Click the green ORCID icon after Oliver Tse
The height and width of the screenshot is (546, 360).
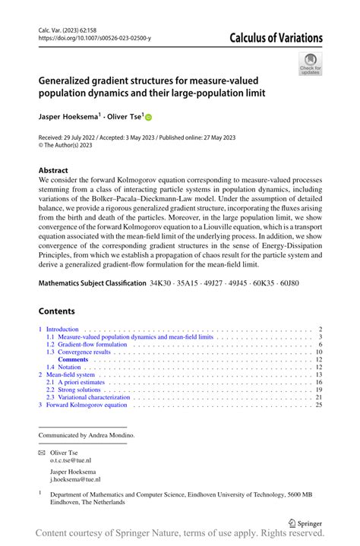pos(149,118)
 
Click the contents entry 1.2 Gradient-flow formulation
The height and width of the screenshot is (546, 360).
pos(86,345)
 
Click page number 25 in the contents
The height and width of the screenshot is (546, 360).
pos(319,405)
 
